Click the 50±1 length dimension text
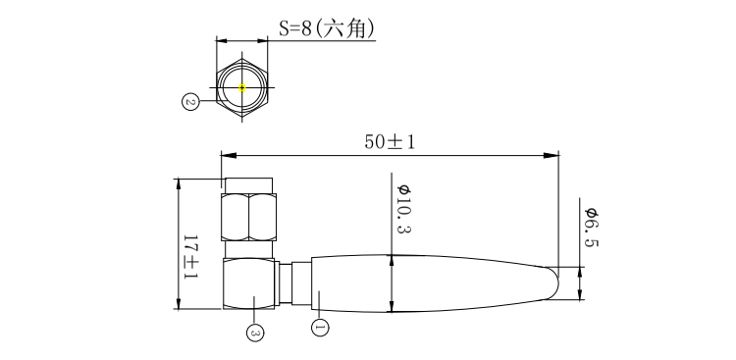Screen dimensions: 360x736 pos(390,141)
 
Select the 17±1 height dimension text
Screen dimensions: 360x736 pos(190,257)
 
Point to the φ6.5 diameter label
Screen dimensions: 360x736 pos(591,228)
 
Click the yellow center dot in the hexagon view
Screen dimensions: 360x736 pos(242,88)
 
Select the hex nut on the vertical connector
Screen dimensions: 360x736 pos(249,217)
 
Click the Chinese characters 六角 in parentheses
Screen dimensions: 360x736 pos(350,29)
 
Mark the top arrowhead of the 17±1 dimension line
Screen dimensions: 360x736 pos(179,183)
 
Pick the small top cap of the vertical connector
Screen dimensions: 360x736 pos(247,183)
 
